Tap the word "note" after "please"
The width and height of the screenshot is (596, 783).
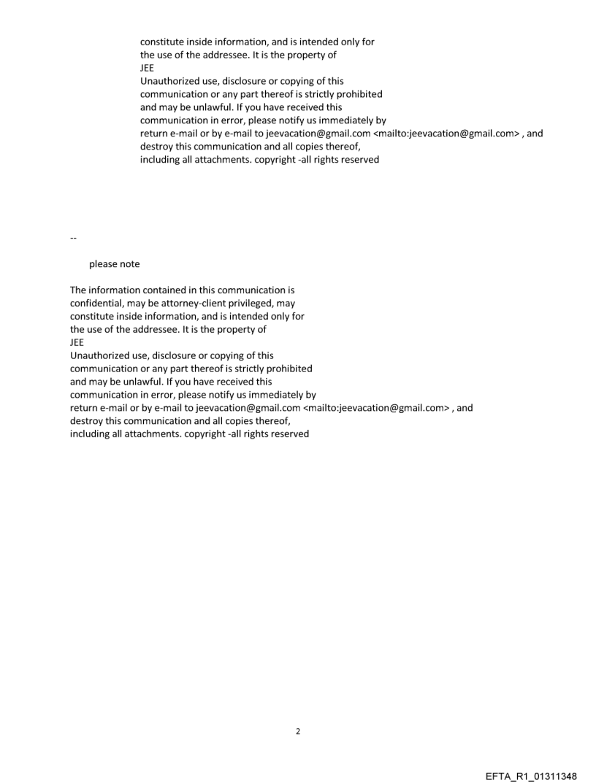pos(131,264)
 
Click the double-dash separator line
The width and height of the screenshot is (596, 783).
pos(72,238)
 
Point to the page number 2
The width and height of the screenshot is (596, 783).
pos(297,731)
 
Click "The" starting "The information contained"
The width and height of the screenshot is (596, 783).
pos(78,290)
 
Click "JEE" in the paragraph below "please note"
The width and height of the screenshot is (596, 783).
pos(77,342)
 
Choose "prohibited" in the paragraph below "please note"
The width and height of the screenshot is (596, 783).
pos(289,369)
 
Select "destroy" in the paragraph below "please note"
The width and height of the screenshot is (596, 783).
pos(86,421)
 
